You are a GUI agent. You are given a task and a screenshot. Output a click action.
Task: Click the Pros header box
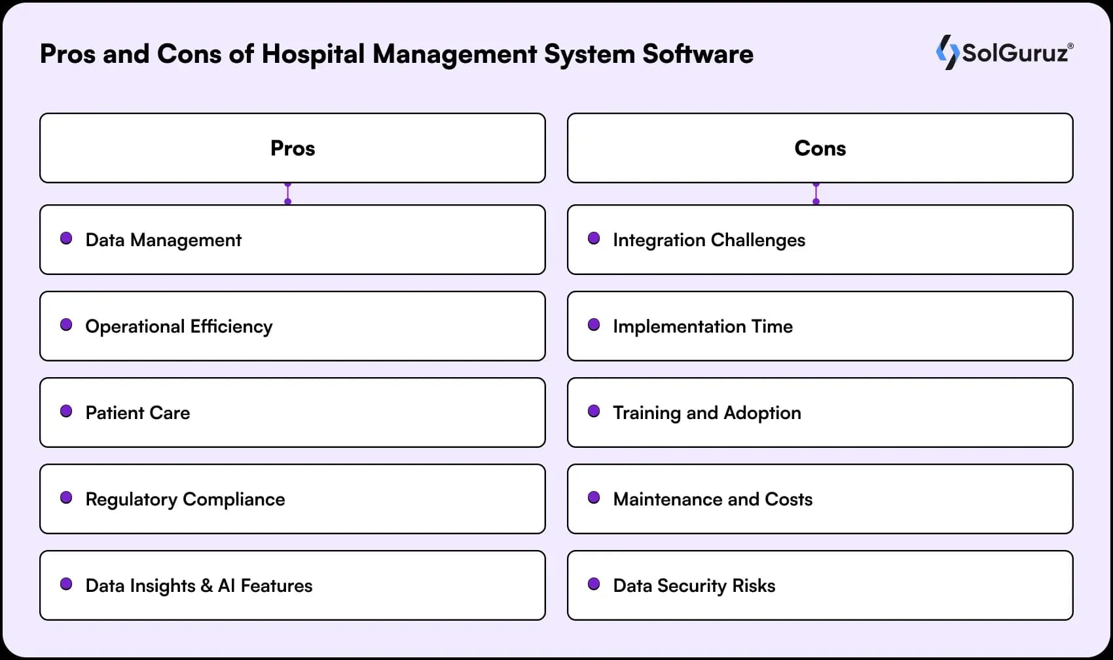click(293, 148)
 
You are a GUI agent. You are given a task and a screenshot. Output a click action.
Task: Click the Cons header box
click(820, 148)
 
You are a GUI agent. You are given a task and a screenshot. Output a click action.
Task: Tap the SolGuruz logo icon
click(947, 52)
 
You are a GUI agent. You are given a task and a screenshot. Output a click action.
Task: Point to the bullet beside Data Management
click(66, 238)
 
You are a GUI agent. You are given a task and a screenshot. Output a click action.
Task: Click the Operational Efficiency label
click(179, 326)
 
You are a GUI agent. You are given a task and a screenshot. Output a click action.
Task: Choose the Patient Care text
click(137, 412)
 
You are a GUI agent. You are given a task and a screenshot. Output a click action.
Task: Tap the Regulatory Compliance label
click(185, 499)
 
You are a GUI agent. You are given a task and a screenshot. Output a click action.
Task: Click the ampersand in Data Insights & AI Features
click(206, 585)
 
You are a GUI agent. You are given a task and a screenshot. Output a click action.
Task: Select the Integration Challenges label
click(709, 240)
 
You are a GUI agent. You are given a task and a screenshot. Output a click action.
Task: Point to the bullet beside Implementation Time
click(594, 325)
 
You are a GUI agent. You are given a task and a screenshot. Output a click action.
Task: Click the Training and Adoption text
click(707, 412)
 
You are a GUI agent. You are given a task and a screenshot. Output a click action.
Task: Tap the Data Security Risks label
click(694, 585)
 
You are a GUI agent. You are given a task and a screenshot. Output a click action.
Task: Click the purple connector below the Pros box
click(287, 194)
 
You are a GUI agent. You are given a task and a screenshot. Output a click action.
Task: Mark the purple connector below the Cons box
click(816, 194)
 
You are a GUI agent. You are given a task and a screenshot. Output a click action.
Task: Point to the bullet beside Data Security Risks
click(594, 584)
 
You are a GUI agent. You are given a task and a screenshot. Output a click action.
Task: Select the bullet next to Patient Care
click(66, 411)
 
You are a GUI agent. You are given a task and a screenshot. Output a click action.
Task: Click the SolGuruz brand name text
click(1015, 53)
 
